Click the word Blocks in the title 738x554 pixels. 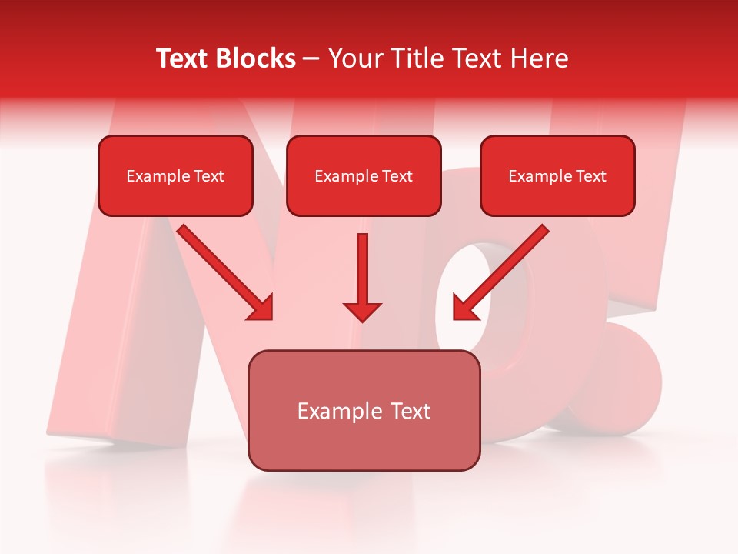[x=257, y=58]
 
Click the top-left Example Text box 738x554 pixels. [x=175, y=175]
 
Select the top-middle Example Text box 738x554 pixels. [x=364, y=175]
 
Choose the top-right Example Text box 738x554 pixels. [x=557, y=175]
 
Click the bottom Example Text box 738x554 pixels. [x=364, y=411]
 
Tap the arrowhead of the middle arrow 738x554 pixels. [x=362, y=311]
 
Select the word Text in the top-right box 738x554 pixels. [x=590, y=175]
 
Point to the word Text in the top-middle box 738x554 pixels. [x=397, y=175]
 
